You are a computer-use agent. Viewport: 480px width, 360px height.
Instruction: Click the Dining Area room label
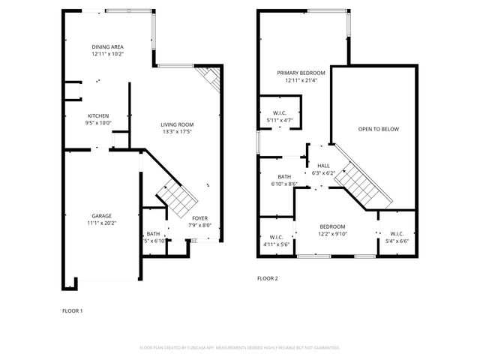point(108,46)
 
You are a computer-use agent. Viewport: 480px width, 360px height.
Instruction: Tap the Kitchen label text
point(99,115)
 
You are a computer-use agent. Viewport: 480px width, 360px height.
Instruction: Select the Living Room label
point(178,124)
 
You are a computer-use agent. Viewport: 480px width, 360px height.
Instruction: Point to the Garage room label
point(101,215)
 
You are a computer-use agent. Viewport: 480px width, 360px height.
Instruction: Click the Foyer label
point(200,217)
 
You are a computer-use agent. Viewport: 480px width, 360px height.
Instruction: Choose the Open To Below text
point(378,129)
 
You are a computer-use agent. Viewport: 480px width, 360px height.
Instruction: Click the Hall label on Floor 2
point(323,166)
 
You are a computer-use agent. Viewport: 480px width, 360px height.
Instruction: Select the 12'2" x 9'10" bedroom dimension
point(332,234)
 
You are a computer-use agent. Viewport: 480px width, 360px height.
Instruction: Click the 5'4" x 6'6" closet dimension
point(397,241)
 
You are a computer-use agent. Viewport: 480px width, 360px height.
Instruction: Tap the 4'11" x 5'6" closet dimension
point(275,244)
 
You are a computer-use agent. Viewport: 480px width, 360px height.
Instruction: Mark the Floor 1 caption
point(72,310)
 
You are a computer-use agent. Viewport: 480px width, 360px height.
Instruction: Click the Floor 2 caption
point(267,278)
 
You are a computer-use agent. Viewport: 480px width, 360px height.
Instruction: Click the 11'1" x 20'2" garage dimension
point(101,223)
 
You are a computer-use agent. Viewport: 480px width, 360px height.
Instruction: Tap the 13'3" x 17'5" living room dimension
point(178,132)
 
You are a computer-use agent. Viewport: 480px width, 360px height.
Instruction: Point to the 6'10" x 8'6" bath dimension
point(283,184)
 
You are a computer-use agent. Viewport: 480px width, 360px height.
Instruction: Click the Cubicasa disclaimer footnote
point(240,348)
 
